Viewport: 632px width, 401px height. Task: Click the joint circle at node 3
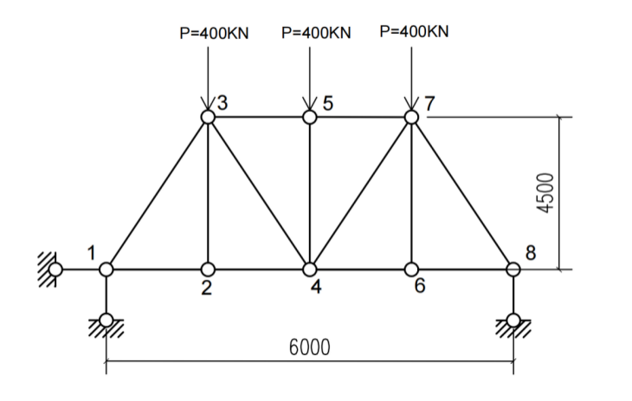(208, 117)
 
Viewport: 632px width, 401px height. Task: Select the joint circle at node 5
(310, 117)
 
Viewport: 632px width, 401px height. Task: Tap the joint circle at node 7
(411, 117)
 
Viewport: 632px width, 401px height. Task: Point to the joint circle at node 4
(310, 269)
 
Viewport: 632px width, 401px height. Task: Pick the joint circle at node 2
(208, 269)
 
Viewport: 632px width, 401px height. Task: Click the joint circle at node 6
(411, 269)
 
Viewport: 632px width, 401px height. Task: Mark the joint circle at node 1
(106, 269)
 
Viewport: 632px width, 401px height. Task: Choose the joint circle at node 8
(513, 269)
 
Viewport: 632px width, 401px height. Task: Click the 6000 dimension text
(310, 347)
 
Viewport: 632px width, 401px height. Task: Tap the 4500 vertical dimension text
(545, 193)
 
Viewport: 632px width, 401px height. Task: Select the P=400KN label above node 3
(214, 33)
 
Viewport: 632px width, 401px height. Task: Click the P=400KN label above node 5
(316, 33)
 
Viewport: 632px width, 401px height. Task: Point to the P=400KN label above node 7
(414, 31)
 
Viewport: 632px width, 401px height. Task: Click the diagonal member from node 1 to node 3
(158, 193)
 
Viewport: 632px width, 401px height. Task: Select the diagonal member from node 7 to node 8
(462, 193)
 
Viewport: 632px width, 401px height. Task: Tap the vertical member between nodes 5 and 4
(310, 193)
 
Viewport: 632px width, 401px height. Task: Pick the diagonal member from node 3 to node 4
(259, 193)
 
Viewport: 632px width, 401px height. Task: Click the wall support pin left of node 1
(55, 269)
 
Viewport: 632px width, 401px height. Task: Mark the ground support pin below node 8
(513, 320)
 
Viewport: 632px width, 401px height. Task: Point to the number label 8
(531, 253)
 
